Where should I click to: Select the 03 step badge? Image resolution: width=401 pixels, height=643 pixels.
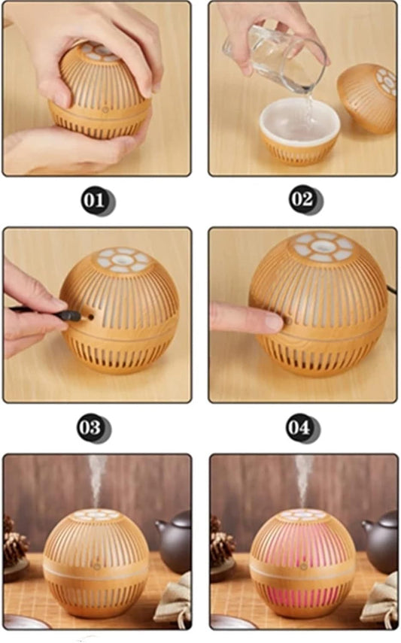[90, 427]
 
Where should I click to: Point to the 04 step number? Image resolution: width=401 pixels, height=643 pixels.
[299, 427]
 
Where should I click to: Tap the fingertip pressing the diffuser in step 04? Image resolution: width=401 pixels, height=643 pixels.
[271, 322]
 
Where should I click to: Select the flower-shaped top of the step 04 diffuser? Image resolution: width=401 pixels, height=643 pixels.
[323, 247]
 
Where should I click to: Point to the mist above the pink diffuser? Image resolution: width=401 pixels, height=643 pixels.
[302, 478]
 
